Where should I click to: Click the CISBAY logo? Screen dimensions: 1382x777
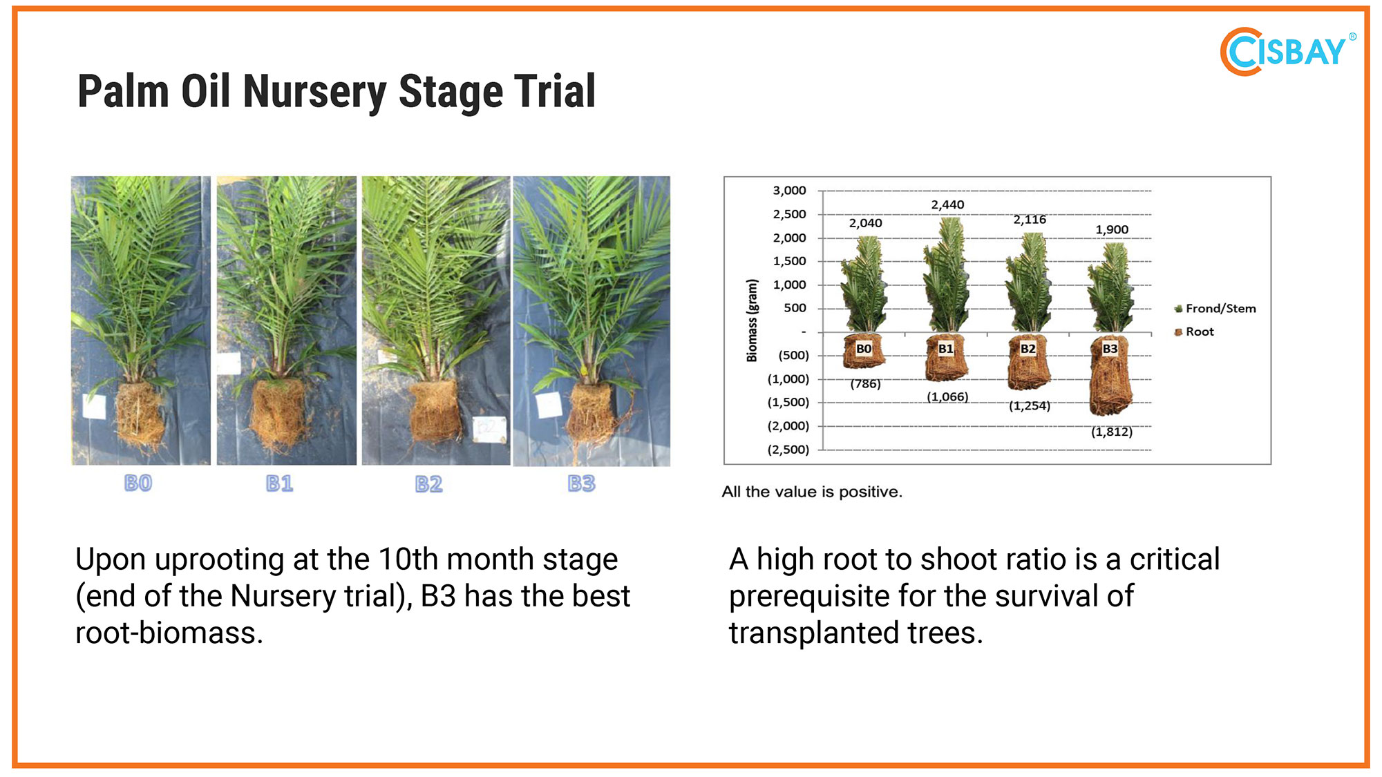point(1287,52)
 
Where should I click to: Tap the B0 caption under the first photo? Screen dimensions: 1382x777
point(138,483)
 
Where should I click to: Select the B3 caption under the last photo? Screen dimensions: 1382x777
point(582,483)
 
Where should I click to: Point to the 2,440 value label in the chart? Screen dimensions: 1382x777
point(947,204)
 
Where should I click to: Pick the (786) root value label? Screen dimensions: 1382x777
point(865,383)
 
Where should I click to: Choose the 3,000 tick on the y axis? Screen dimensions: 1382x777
point(789,190)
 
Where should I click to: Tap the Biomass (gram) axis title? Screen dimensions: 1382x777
point(752,320)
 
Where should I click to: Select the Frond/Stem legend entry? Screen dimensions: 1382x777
point(1215,309)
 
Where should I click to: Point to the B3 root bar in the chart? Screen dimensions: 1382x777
point(1110,375)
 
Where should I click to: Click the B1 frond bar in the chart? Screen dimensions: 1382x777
point(947,275)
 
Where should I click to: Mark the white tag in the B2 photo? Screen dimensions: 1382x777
point(489,430)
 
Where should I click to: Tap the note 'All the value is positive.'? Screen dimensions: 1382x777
point(812,492)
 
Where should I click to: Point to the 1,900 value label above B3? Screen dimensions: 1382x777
point(1112,229)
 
